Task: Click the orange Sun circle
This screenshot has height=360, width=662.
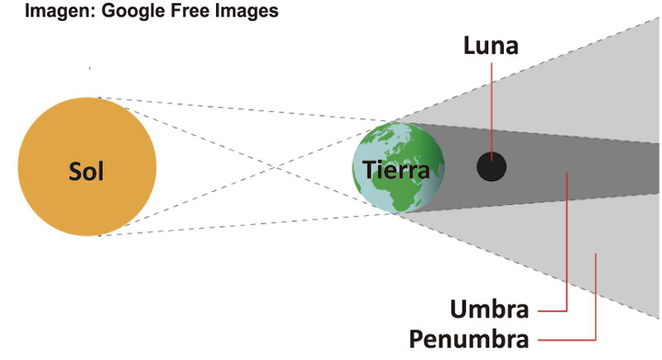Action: pos(87,166)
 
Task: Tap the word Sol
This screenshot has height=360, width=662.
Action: pos(86,172)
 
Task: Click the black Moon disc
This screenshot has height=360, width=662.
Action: pos(492,166)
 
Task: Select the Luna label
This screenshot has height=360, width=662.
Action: pos(491,46)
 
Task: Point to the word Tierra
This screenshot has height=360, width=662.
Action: pos(396,170)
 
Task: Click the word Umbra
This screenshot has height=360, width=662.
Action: pos(490,309)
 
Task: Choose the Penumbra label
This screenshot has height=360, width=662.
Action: pos(469,339)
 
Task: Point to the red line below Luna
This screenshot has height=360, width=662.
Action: pos(492,112)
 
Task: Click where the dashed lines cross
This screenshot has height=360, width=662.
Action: pos(276,167)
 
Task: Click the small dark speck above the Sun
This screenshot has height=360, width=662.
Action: pos(89,68)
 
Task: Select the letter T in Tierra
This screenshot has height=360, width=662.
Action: pos(370,170)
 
